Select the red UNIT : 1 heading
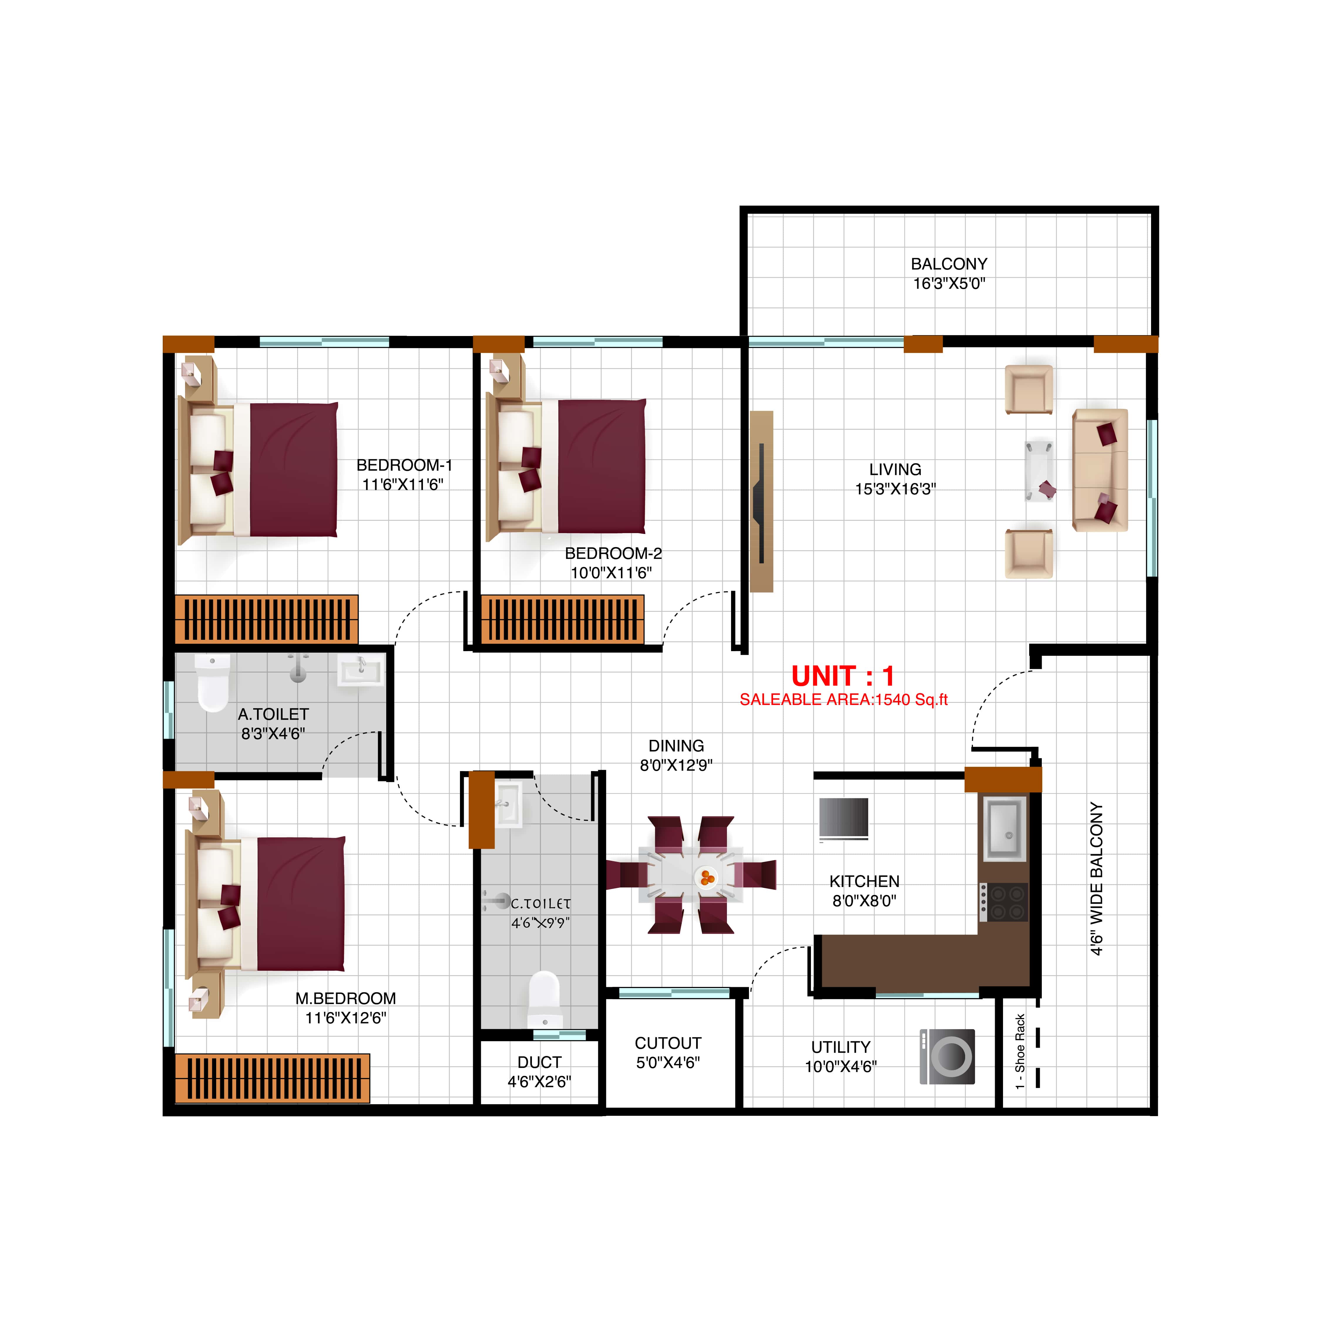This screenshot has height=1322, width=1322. pos(842,676)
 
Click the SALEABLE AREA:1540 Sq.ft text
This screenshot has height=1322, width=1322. pos(843,699)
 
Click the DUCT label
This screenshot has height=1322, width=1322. pos(539,1062)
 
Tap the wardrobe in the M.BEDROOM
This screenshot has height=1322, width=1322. pos(272,1079)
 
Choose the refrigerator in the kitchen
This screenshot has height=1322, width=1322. pos(844,818)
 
